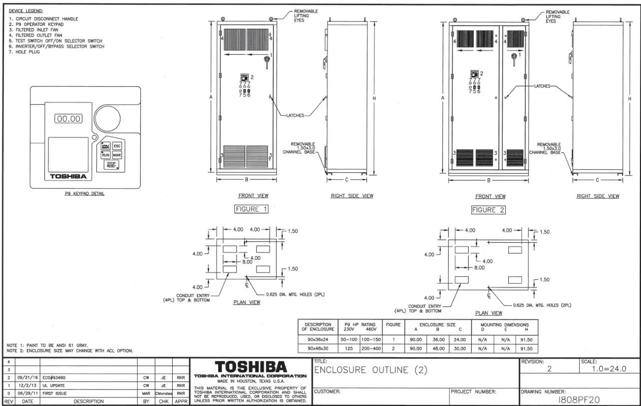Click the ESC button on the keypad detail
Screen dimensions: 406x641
pos(117,146)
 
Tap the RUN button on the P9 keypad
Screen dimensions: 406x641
pos(106,155)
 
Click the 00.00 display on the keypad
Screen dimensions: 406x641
pos(68,119)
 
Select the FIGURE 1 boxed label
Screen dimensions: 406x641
pos(252,209)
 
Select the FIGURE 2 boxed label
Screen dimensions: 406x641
pos(488,210)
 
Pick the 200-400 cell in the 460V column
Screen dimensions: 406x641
pos(370,349)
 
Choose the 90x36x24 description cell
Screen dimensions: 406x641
pos(318,340)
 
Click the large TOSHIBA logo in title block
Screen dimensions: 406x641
pos(251,367)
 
